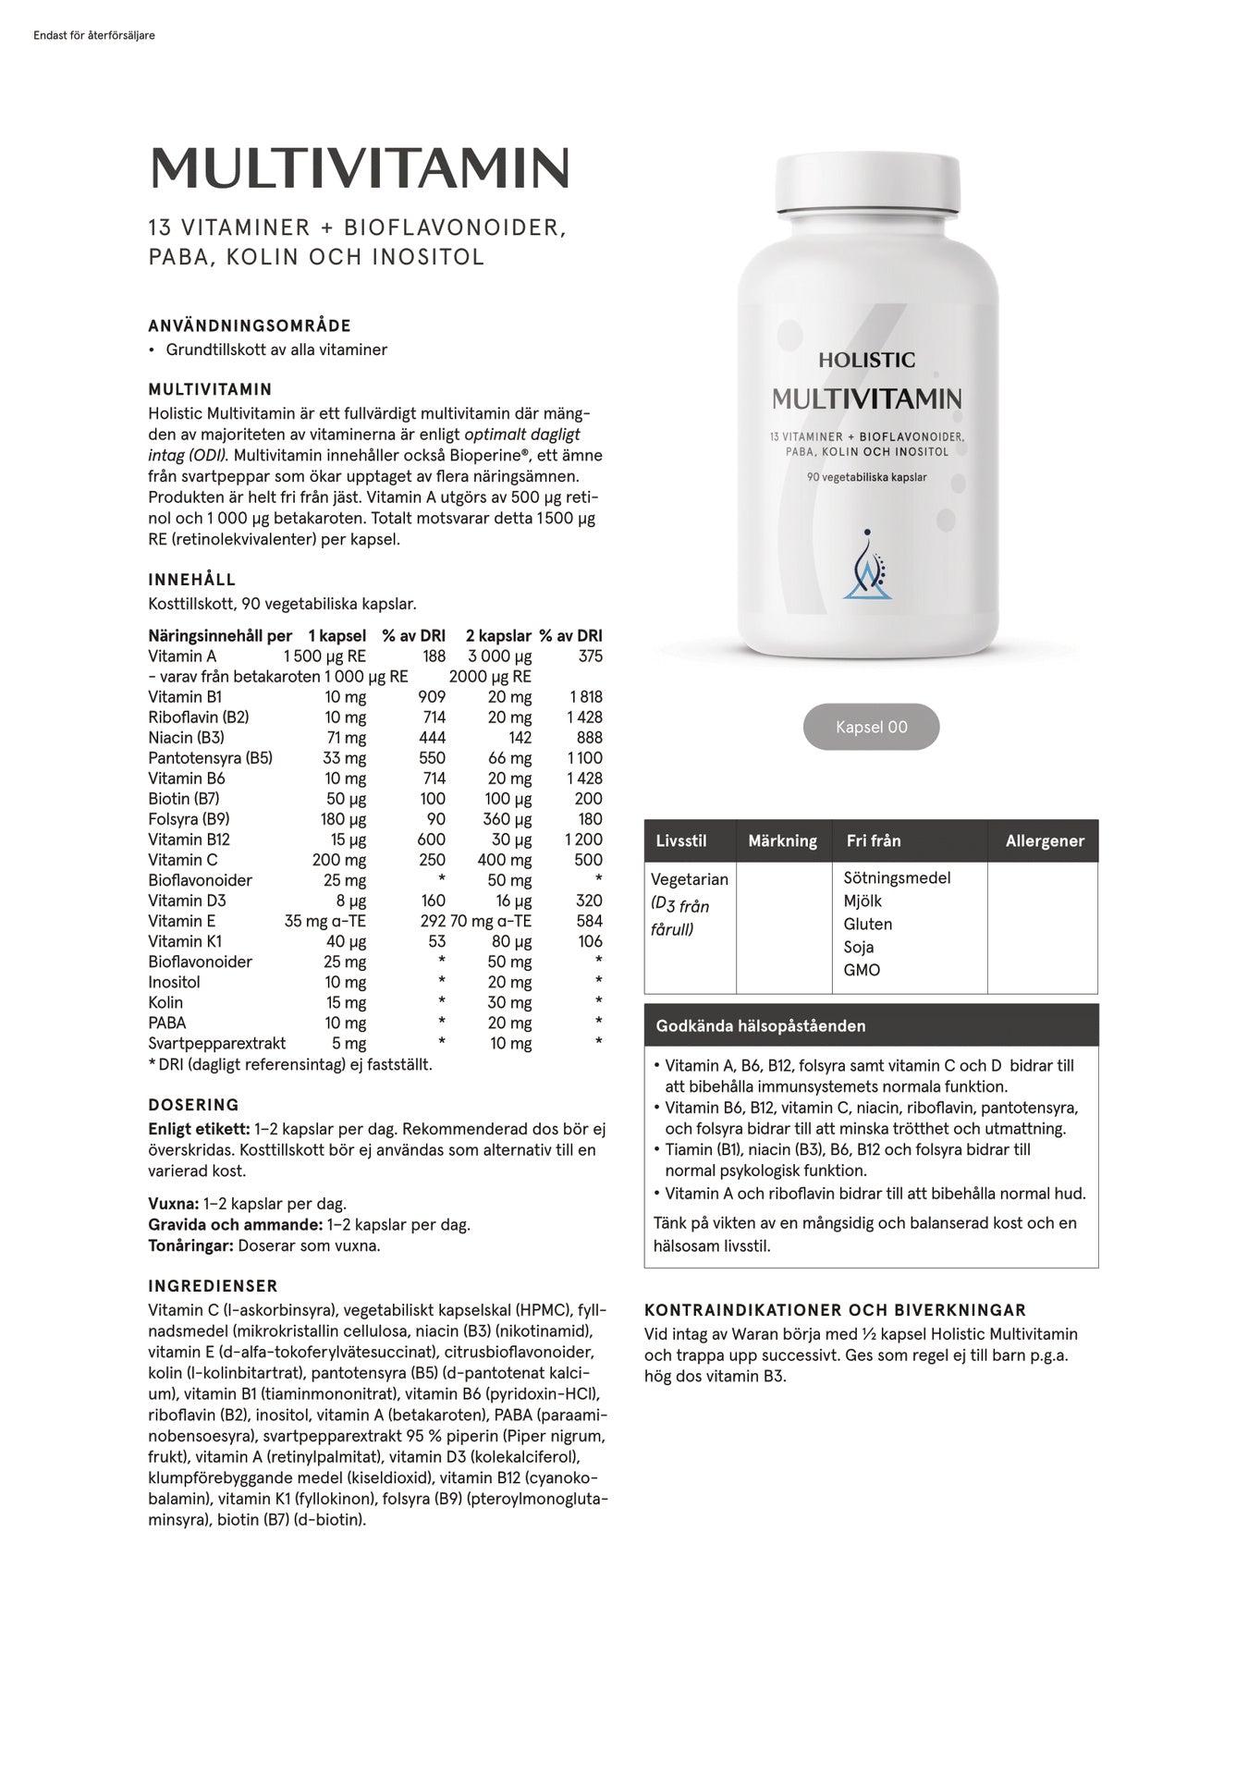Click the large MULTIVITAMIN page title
[359, 168]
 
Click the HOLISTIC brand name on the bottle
[866, 360]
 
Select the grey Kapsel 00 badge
[871, 727]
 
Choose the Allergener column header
[1045, 840]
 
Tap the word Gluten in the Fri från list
[867, 924]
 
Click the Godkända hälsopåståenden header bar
[871, 1025]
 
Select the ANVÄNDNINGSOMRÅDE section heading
[250, 325]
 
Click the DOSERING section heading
[193, 1104]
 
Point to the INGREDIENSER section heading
[213, 1285]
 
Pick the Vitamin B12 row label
[189, 840]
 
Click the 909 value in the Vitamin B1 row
[431, 697]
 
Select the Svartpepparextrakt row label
[216, 1043]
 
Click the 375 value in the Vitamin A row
[590, 656]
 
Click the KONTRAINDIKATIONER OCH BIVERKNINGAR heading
[835, 1310]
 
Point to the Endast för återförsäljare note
[93, 36]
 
